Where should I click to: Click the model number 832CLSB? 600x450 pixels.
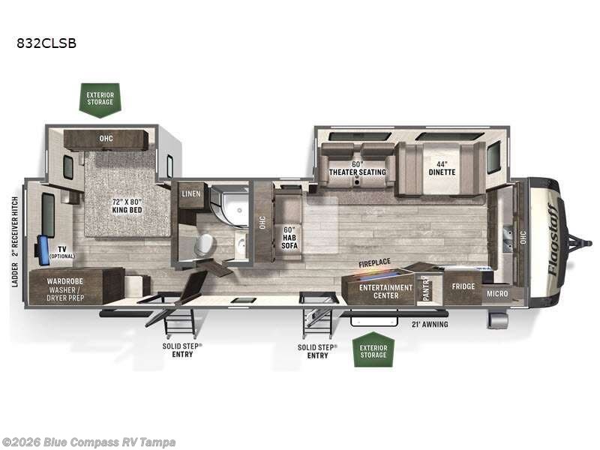pyautogui.click(x=46, y=43)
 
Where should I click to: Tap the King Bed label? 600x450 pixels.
pyautogui.click(x=127, y=205)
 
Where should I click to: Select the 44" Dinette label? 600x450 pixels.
pyautogui.click(x=442, y=168)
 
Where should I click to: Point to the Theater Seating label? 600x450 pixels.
pyautogui.click(x=358, y=168)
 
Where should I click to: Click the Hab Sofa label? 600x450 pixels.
pyautogui.click(x=289, y=238)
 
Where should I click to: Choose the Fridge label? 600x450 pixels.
pyautogui.click(x=463, y=286)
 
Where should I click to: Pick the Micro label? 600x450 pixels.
pyautogui.click(x=497, y=293)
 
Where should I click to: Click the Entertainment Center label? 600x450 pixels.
pyautogui.click(x=385, y=291)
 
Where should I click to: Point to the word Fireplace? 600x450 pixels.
pyautogui.click(x=374, y=263)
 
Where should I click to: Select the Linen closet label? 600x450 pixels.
pyautogui.click(x=191, y=193)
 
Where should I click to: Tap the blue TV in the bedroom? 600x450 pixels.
pyautogui.click(x=43, y=250)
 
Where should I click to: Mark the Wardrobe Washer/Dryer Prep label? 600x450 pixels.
pyautogui.click(x=65, y=289)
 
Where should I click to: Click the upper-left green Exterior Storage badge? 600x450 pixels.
pyautogui.click(x=100, y=100)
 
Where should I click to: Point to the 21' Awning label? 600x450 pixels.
pyautogui.click(x=430, y=325)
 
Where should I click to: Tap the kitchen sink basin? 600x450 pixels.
pyautogui.click(x=508, y=239)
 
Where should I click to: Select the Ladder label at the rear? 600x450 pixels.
pyautogui.click(x=14, y=274)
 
